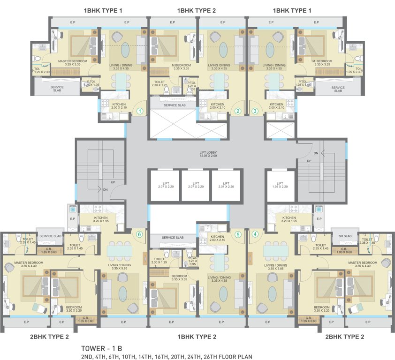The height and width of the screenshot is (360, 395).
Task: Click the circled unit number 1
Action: [x=139, y=111]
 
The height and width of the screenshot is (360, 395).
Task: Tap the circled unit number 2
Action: [x=238, y=111]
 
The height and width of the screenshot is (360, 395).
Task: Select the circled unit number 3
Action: [x=255, y=111]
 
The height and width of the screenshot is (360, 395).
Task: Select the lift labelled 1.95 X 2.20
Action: [x=280, y=186]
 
